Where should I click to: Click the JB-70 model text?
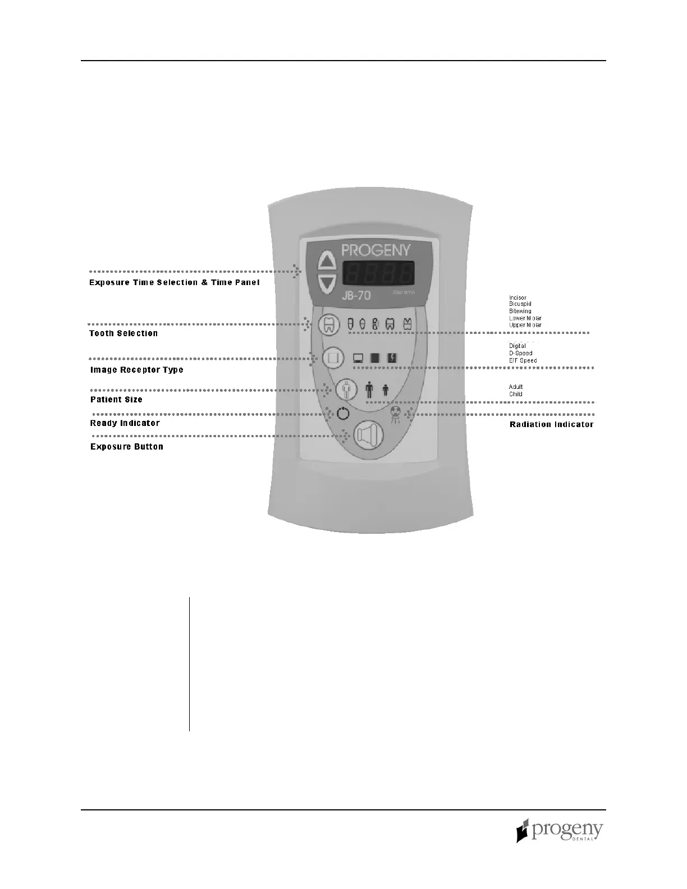[357, 295]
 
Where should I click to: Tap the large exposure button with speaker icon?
[368, 434]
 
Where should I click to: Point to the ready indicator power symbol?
[343, 415]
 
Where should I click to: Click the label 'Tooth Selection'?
[123, 333]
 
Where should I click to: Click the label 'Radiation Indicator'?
[551, 424]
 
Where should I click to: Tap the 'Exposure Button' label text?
[127, 447]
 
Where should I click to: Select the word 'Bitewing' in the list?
[520, 311]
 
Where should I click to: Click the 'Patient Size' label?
[116, 400]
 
